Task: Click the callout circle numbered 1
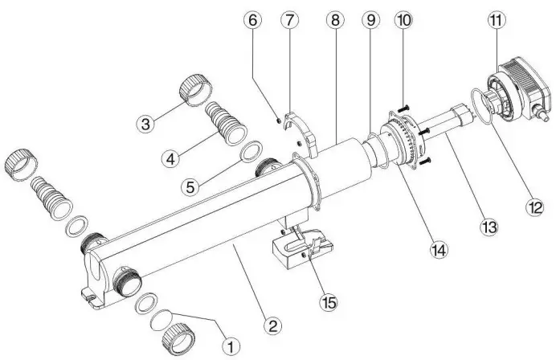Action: [231, 346]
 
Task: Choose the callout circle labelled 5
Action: [190, 187]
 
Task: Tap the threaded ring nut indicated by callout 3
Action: [194, 88]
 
